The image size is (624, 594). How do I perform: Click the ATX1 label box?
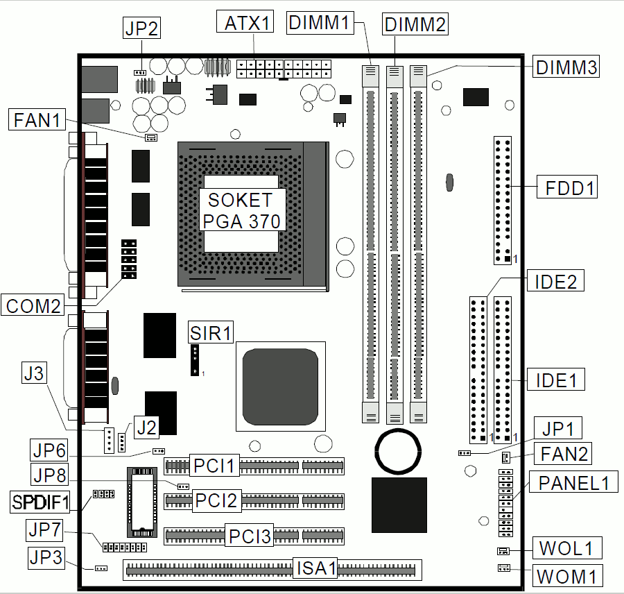click(245, 22)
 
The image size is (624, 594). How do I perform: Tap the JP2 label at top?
click(141, 28)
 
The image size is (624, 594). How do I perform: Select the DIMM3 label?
click(566, 67)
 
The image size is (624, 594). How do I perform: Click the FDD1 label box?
click(567, 187)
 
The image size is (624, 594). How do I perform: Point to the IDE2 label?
click(555, 281)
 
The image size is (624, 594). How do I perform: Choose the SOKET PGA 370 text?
click(241, 210)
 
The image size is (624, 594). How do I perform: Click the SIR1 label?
click(211, 332)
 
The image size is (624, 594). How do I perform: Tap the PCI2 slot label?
click(216, 500)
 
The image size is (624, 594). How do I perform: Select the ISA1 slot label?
click(315, 568)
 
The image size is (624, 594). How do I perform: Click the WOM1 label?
click(566, 576)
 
